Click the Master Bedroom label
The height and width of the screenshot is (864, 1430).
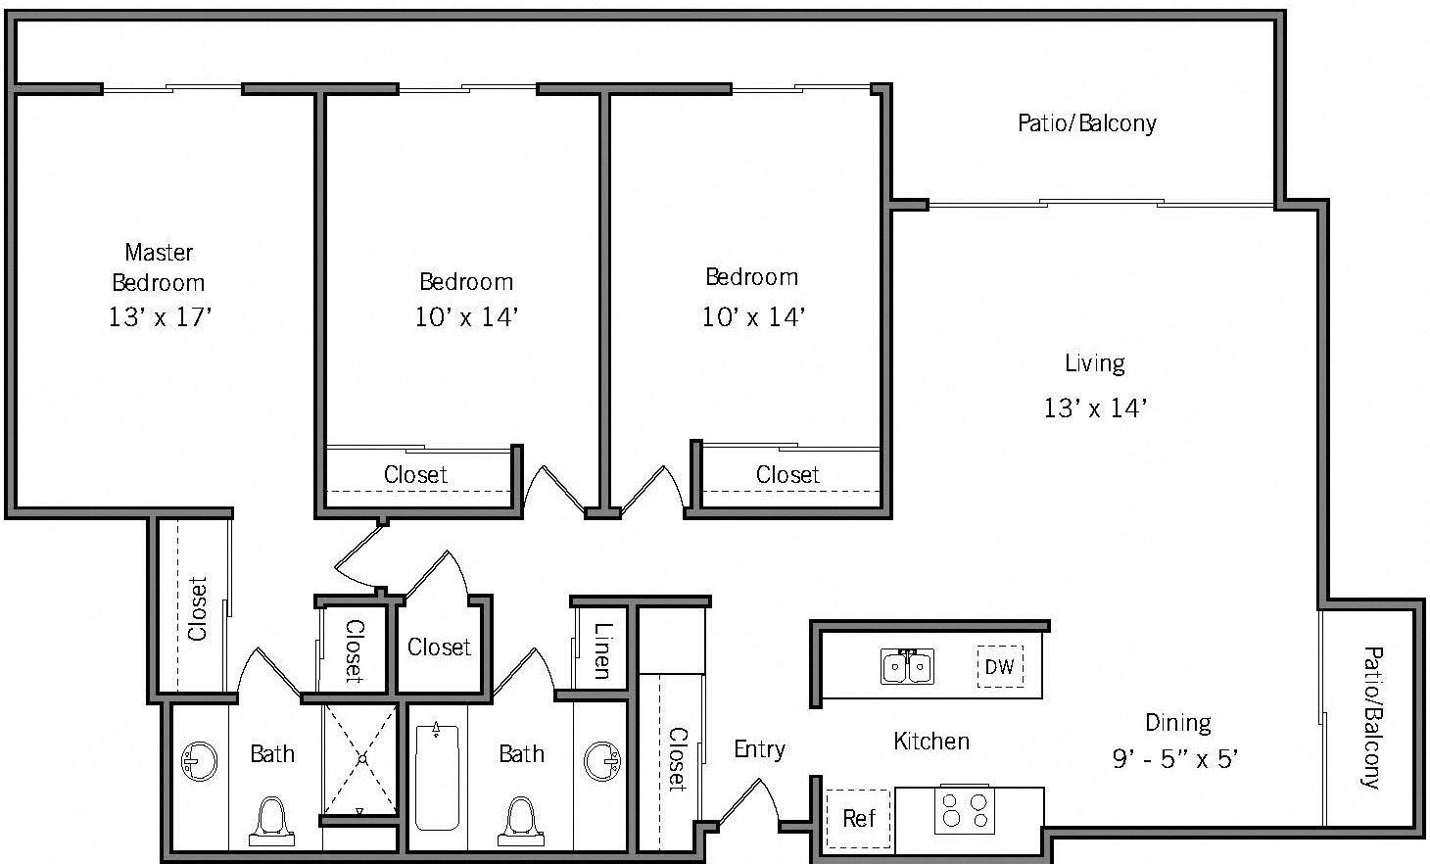[159, 267]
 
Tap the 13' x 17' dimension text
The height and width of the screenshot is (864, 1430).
[160, 317]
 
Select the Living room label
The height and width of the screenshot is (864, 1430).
[1094, 363]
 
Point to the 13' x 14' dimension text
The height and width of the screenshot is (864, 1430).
[1094, 408]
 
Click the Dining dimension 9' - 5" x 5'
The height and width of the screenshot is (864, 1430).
[1175, 759]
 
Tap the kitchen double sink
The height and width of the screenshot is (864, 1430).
[907, 666]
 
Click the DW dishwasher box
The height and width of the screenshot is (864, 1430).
[999, 667]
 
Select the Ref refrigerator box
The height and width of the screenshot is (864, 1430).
[858, 818]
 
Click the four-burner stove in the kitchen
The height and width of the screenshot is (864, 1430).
[964, 810]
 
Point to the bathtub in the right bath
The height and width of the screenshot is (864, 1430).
[437, 776]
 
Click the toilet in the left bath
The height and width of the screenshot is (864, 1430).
[271, 821]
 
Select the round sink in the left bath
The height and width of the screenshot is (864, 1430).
[200, 761]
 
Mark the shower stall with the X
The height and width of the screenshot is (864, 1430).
[360, 758]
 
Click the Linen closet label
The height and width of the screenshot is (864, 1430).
[601, 651]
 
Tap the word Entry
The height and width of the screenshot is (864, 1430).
[759, 749]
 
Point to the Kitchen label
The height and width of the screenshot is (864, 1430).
[930, 742]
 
